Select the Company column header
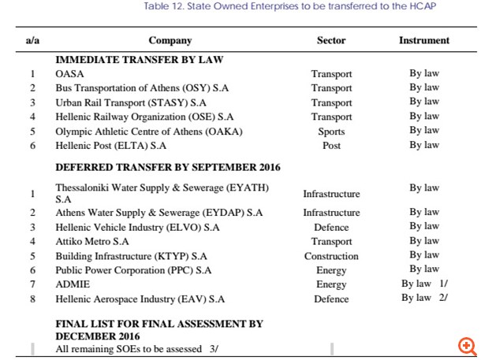[170, 40]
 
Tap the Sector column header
[331, 40]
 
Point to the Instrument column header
[424, 40]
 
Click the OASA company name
[69, 74]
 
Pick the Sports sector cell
[331, 132]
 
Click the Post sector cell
[331, 146]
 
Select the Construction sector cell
[331, 256]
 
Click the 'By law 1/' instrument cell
[424, 284]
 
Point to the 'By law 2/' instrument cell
[424, 298]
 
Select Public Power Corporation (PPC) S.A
[133, 270]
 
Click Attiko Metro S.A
[91, 242]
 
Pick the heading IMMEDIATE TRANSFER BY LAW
[139, 60]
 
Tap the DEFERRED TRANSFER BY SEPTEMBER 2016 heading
[167, 167]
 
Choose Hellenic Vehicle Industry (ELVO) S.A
[137, 227]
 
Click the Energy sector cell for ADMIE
[331, 284]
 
